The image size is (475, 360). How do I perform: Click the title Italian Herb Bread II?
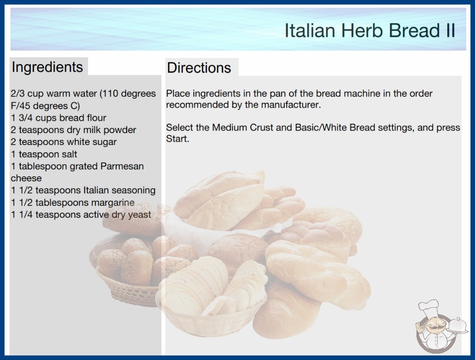pyautogui.click(x=370, y=30)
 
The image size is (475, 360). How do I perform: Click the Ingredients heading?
pyautogui.click(x=47, y=67)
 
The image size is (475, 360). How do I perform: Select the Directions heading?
pyautogui.click(x=199, y=68)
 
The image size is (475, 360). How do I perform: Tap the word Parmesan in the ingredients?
pyautogui.click(x=122, y=166)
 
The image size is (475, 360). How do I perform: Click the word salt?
pyautogui.click(x=69, y=155)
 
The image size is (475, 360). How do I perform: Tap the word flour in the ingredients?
pyautogui.click(x=96, y=118)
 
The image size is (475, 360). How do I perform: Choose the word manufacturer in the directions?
pyautogui.click(x=291, y=105)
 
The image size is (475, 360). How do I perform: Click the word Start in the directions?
pyautogui.click(x=177, y=139)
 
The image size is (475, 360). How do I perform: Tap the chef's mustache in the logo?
pyautogui.click(x=434, y=328)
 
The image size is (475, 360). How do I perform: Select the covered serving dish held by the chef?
pyautogui.click(x=457, y=326)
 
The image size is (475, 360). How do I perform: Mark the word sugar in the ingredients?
pyautogui.click(x=104, y=142)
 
